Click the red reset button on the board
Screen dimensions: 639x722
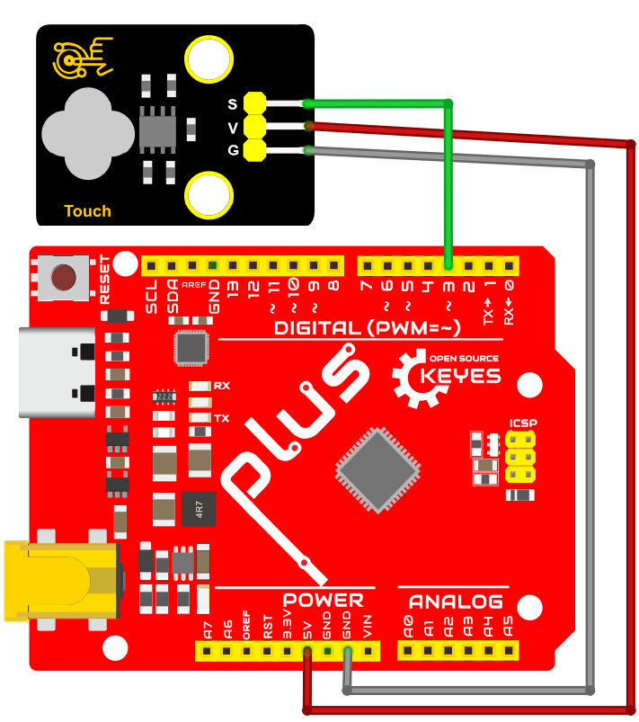[64, 278]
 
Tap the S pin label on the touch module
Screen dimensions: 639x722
[233, 104]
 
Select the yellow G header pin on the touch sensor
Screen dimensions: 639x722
[254, 150]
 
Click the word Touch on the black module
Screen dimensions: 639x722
[87, 211]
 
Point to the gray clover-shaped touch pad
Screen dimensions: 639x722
[88, 134]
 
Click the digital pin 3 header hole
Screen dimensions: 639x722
[448, 265]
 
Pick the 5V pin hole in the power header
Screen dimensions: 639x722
[307, 651]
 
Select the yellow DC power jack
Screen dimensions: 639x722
[63, 580]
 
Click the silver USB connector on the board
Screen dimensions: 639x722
[58, 372]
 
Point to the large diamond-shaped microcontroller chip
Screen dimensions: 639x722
[378, 470]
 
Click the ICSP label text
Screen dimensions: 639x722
[523, 423]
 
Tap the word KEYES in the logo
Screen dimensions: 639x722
[460, 376]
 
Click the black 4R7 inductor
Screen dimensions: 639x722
[199, 509]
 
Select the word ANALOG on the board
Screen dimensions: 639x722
[456, 602]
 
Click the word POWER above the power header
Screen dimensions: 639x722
[323, 601]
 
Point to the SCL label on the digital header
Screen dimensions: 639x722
[152, 296]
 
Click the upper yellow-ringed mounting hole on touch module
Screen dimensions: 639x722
[209, 59]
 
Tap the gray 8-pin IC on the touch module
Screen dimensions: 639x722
[157, 130]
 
